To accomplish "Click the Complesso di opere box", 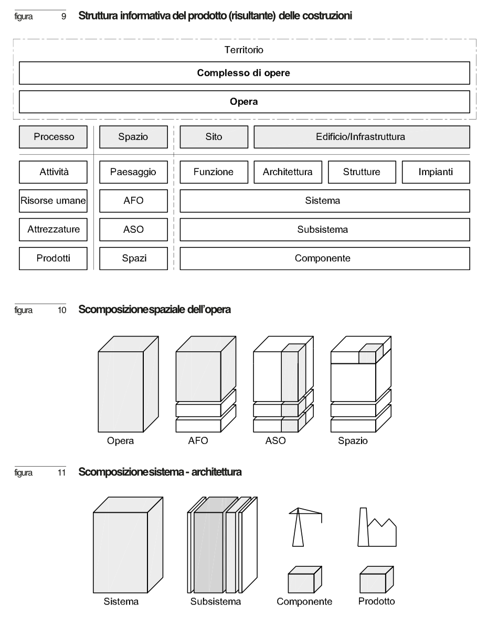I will click(243, 73).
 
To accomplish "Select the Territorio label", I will click(243, 50).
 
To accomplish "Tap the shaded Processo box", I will click(54, 137).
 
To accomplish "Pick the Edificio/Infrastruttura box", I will click(362, 137).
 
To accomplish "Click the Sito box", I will click(214, 137).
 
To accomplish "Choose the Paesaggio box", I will click(133, 171).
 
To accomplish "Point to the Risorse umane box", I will click(54, 200).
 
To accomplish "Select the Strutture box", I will click(362, 171).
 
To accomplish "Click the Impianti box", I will click(436, 171).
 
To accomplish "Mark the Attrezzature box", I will click(54, 229).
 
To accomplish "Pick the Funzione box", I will click(214, 171).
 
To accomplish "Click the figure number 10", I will click(62, 310).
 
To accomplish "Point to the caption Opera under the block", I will click(120, 441).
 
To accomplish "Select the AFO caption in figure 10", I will click(198, 441).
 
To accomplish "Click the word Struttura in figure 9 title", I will click(97, 16).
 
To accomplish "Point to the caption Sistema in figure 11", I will click(121, 601).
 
